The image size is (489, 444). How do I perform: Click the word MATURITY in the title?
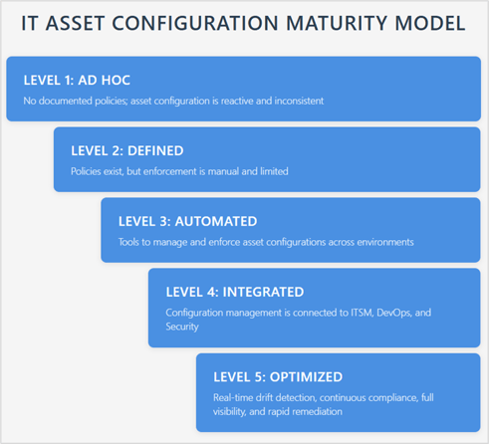(x=337, y=23)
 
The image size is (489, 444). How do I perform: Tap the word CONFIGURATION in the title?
(x=195, y=23)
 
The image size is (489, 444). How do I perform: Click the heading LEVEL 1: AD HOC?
(x=77, y=81)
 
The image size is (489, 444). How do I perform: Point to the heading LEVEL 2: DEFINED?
(x=127, y=151)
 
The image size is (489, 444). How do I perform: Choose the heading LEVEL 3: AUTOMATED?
(x=187, y=222)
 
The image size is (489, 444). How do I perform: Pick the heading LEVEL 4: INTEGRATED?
(x=235, y=293)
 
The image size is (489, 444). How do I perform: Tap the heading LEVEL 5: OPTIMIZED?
(x=278, y=377)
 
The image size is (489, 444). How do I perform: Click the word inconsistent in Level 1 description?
(x=299, y=101)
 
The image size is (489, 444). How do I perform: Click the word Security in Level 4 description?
(x=182, y=328)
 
